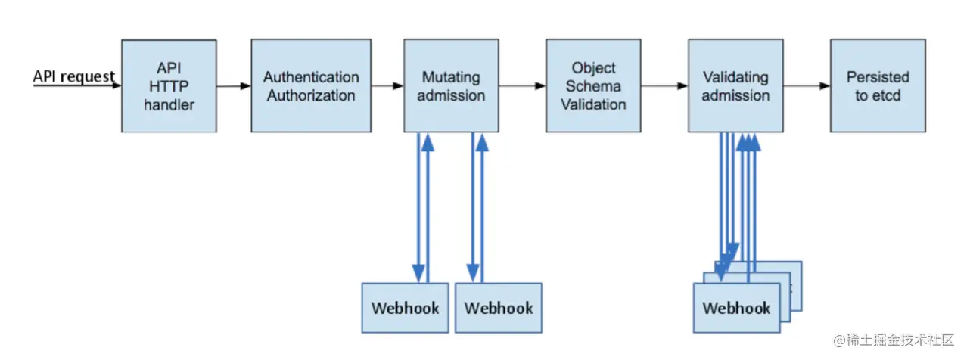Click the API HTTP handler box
[x=169, y=86]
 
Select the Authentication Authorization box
[x=311, y=86]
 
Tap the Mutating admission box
[x=451, y=86]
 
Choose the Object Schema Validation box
[x=593, y=86]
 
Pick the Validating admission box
[x=735, y=86]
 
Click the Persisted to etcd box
[x=878, y=86]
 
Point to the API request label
[x=73, y=76]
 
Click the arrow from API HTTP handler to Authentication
[x=234, y=86]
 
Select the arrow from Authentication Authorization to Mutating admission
[x=387, y=86]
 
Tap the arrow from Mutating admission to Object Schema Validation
[x=522, y=86]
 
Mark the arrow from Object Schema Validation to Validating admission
[x=664, y=86]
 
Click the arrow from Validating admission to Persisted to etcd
[x=807, y=86]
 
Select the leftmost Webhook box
[x=405, y=308]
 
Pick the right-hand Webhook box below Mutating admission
[x=499, y=308]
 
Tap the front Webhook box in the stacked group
[x=736, y=308]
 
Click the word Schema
[x=593, y=86]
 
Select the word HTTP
[x=169, y=86]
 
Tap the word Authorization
[x=311, y=96]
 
